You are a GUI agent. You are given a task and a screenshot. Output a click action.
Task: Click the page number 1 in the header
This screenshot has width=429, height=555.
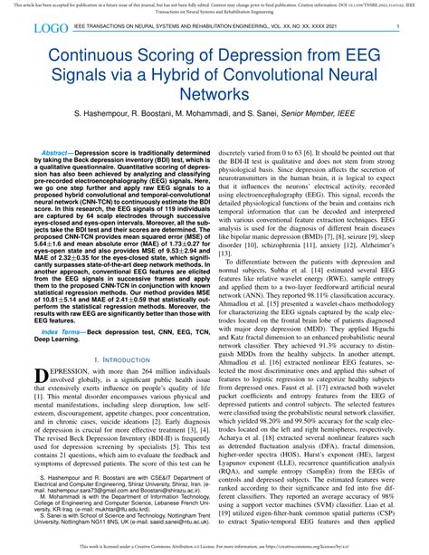(x=398, y=29)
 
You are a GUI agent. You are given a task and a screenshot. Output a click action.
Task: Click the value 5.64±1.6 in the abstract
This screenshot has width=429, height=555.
(x=61, y=256)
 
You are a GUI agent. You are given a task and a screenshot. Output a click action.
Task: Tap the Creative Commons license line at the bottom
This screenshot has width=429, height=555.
(x=214, y=546)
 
